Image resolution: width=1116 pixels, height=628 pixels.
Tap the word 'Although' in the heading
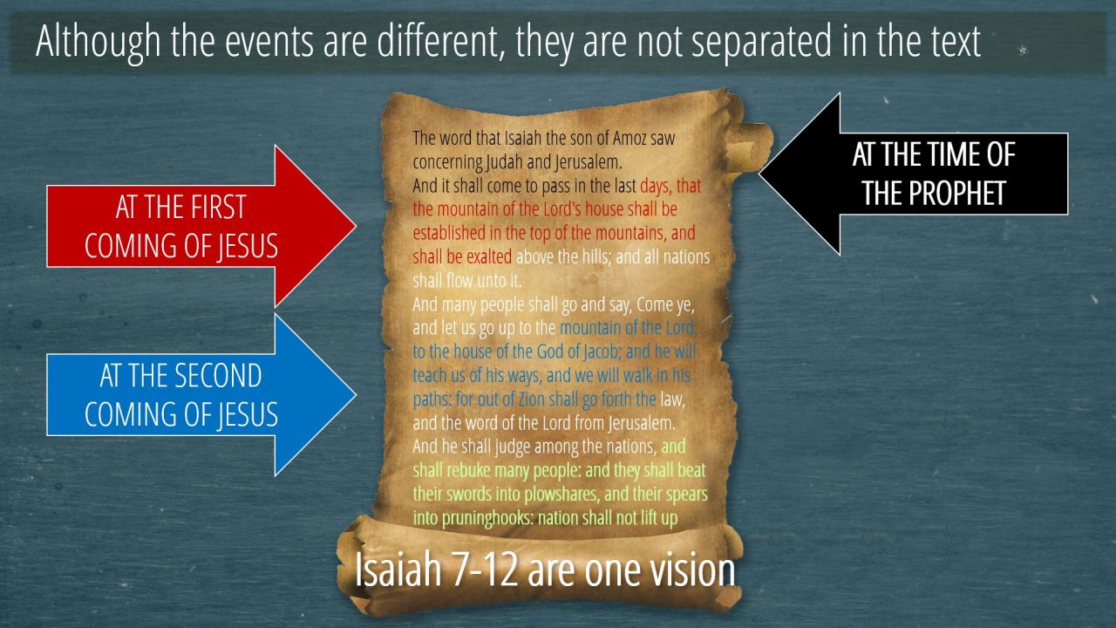pyautogui.click(x=99, y=43)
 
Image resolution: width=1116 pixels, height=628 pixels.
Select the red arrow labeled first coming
pyautogui.click(x=201, y=226)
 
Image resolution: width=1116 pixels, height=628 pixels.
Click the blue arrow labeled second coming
pyautogui.click(x=201, y=395)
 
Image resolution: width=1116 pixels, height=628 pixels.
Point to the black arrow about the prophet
pyautogui.click(x=914, y=174)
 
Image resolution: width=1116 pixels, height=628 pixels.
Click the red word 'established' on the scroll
pyautogui.click(x=449, y=233)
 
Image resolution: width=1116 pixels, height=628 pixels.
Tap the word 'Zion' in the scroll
pyautogui.click(x=532, y=399)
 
